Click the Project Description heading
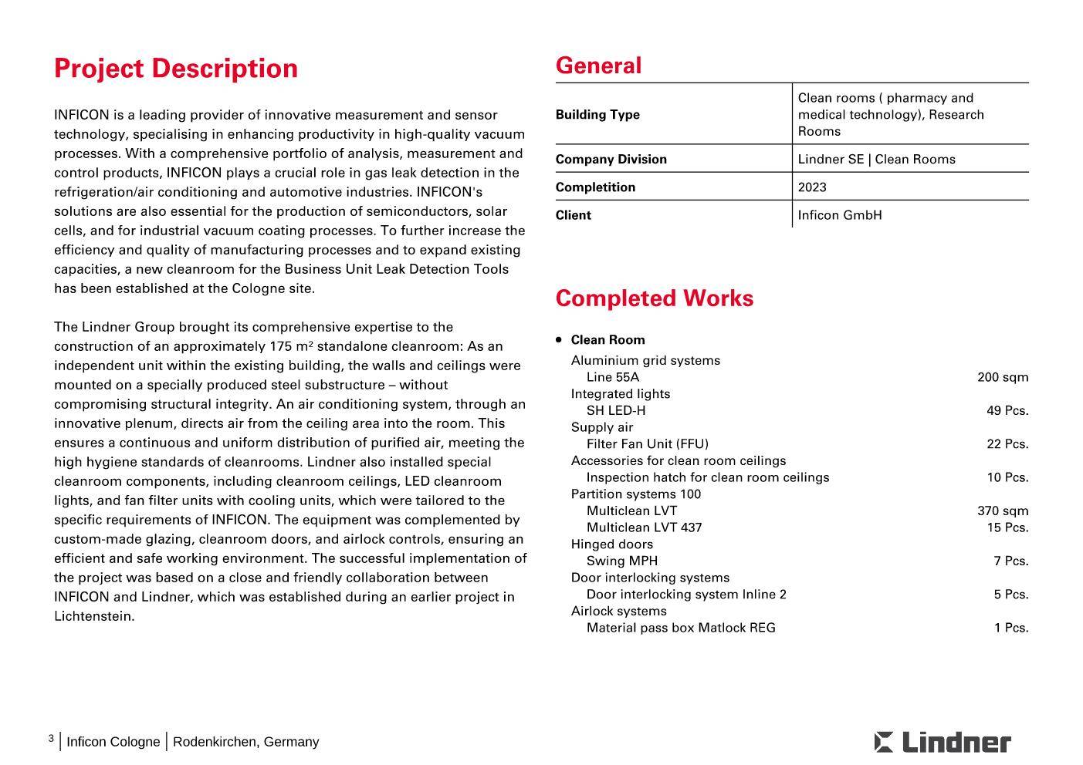pos(175,69)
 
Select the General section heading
pos(598,66)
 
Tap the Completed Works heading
pos(654,298)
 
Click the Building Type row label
pos(597,115)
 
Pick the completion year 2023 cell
pos(812,187)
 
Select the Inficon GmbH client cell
pos(839,215)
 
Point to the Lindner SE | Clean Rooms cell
pos(876,160)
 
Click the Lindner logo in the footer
pos(943,742)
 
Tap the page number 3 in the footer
pos(51,739)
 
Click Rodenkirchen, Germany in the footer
pos(245,742)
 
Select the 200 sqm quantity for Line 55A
pos(1003,377)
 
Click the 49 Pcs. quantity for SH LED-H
pos(1007,411)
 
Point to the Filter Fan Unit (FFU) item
pos(647,444)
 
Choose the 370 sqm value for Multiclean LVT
pos(1003,511)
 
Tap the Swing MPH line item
pos(622,561)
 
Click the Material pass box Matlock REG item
pos(681,628)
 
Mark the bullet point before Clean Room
pos(559,339)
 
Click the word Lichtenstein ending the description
pos(93,616)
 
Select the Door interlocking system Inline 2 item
pos(686,595)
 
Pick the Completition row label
pos(595,187)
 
